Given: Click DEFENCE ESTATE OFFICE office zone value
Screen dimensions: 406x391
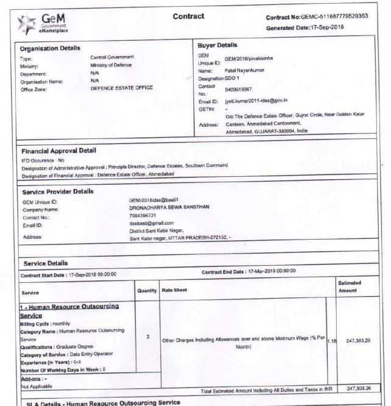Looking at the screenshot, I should pyautogui.click(x=122, y=88).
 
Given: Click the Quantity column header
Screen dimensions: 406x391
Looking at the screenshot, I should pyautogui.click(x=147, y=290).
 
